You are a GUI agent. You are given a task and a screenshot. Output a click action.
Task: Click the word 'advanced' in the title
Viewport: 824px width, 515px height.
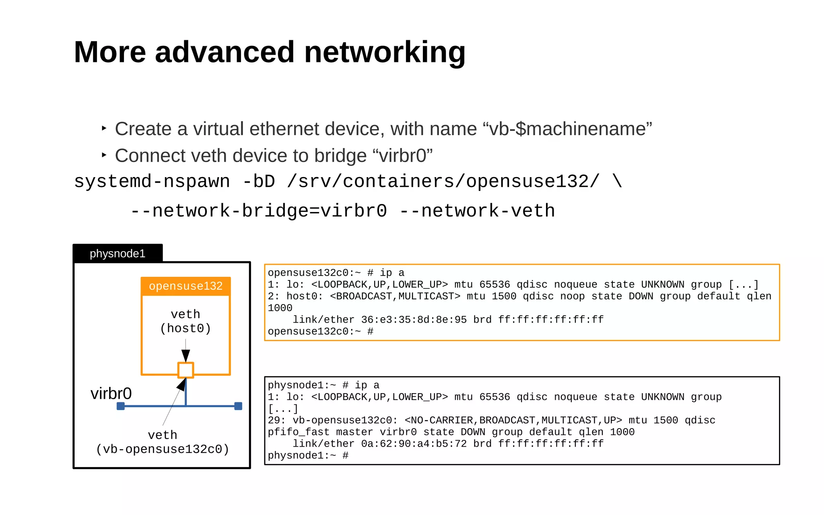point(225,52)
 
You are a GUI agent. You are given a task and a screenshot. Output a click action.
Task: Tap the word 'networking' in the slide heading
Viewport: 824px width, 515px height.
point(385,52)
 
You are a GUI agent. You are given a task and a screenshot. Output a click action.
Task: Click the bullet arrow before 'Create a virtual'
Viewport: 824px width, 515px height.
point(104,128)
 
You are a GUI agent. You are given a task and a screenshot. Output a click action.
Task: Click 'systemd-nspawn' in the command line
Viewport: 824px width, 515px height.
point(152,181)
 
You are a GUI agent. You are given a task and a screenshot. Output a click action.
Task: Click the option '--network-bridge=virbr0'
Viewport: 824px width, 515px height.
point(259,211)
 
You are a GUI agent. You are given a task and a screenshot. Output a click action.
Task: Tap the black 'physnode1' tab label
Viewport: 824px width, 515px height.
point(117,253)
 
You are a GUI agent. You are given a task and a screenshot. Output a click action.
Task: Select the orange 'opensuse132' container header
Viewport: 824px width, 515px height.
point(185,286)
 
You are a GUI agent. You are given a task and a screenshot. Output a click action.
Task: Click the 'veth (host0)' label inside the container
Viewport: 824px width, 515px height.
point(185,321)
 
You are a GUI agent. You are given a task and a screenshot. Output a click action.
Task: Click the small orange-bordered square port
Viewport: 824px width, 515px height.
point(185,370)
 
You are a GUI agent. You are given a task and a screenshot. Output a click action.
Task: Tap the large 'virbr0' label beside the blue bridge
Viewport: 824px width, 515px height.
point(111,393)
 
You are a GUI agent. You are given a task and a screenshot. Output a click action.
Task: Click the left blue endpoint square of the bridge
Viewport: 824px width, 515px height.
point(120,406)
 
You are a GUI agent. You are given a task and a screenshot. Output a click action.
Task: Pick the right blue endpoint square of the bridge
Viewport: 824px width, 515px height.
point(238,406)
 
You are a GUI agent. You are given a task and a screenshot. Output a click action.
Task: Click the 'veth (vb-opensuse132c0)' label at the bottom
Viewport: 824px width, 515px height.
point(163,442)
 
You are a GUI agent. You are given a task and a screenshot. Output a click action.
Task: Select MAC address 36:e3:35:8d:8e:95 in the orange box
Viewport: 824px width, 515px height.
point(414,320)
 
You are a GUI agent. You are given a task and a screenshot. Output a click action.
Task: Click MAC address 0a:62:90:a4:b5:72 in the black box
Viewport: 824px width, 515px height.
point(414,444)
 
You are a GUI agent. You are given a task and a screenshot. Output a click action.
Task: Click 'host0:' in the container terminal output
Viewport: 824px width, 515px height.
point(305,297)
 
